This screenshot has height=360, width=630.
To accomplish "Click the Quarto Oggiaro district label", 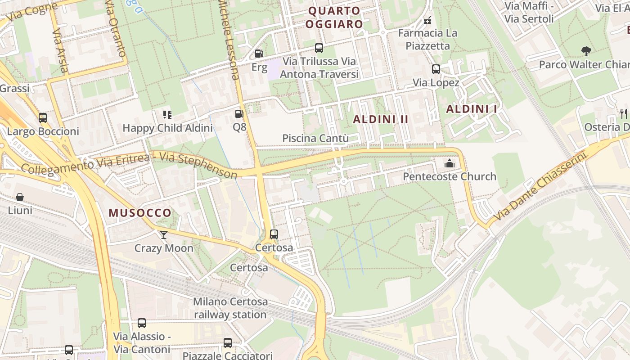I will [x=334, y=17].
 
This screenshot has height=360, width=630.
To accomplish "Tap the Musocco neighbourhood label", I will [x=140, y=213].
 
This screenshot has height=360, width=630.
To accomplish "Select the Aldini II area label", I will [x=381, y=119].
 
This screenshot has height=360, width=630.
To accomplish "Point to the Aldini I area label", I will [x=472, y=109].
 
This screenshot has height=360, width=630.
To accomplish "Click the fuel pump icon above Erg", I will [x=259, y=54].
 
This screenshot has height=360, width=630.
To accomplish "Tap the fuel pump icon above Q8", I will [x=239, y=114].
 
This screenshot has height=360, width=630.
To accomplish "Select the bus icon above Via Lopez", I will [x=436, y=69].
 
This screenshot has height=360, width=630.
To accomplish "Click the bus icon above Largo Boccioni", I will [x=43, y=118].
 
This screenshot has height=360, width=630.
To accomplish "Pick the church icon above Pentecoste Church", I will [x=449, y=163].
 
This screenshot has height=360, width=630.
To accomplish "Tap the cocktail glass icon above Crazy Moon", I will [x=163, y=235].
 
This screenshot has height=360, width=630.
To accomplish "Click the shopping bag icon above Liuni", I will [x=20, y=197].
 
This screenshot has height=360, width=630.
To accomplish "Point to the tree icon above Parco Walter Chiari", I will [x=586, y=51].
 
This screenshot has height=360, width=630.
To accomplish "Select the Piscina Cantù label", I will [x=315, y=138].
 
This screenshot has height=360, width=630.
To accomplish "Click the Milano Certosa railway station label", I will [x=230, y=308].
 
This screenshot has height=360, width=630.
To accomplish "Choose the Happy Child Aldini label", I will [x=167, y=128].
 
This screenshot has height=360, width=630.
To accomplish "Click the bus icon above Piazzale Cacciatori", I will [x=228, y=343].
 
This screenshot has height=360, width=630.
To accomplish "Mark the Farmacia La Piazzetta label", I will [x=427, y=39].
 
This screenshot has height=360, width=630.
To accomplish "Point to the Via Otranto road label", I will [x=115, y=29].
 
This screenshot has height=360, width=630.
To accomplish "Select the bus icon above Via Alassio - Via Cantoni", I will [x=142, y=323].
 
